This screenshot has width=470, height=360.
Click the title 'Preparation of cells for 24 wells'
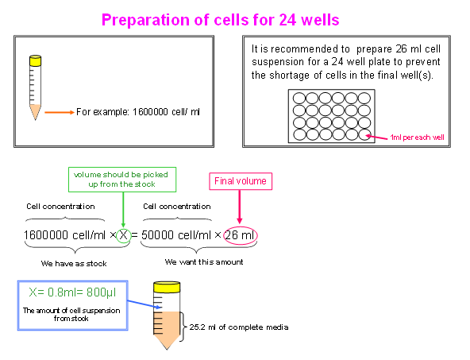click(x=221, y=20)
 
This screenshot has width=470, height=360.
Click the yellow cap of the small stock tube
click(x=36, y=60)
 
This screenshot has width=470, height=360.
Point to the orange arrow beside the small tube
click(x=60, y=113)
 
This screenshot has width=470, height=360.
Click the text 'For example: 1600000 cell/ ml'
click(x=138, y=112)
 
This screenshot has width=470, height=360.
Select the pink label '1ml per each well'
click(x=417, y=137)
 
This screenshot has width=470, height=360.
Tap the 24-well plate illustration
click(x=332, y=116)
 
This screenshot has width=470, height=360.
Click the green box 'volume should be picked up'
click(x=122, y=180)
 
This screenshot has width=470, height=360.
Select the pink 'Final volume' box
click(x=241, y=181)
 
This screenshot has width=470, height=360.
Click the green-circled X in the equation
click(x=124, y=235)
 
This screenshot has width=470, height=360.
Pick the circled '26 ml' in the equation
click(x=240, y=235)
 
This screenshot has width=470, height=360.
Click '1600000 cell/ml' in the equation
click(x=64, y=235)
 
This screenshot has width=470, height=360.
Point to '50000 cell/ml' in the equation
click(x=176, y=235)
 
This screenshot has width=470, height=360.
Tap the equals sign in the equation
click(x=135, y=235)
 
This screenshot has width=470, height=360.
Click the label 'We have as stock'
click(x=74, y=263)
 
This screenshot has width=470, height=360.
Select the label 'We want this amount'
click(x=204, y=262)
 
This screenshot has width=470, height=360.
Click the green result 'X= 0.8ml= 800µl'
click(x=72, y=292)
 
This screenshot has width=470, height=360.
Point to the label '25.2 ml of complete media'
click(x=239, y=327)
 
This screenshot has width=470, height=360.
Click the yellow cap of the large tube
click(x=167, y=287)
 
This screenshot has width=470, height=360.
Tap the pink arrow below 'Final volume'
click(x=240, y=207)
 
